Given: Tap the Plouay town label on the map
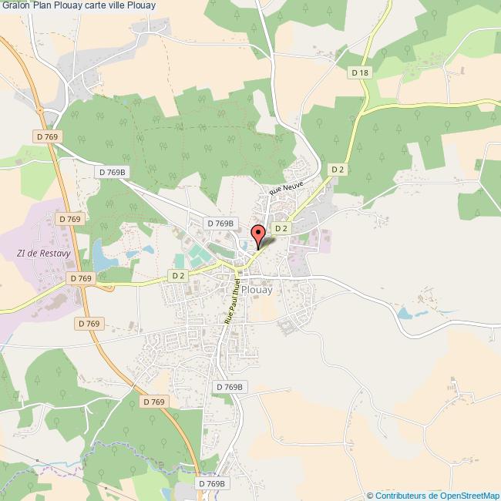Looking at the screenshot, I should coord(255,291).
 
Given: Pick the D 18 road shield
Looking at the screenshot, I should coord(360,72).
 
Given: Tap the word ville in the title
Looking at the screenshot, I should coord(113,5).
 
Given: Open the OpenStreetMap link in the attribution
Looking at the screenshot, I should coord(460,495).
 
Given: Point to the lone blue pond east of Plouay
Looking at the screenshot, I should coord(405,314).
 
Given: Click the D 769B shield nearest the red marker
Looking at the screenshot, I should coord(220,223).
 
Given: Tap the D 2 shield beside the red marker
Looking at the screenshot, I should coord(281,228).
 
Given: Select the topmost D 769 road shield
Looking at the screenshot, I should coord(48,136).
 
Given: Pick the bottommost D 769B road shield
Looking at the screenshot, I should coord(210,483).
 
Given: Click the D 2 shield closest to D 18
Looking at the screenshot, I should coord(337,169).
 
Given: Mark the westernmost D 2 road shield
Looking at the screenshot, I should coord(178,275).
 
